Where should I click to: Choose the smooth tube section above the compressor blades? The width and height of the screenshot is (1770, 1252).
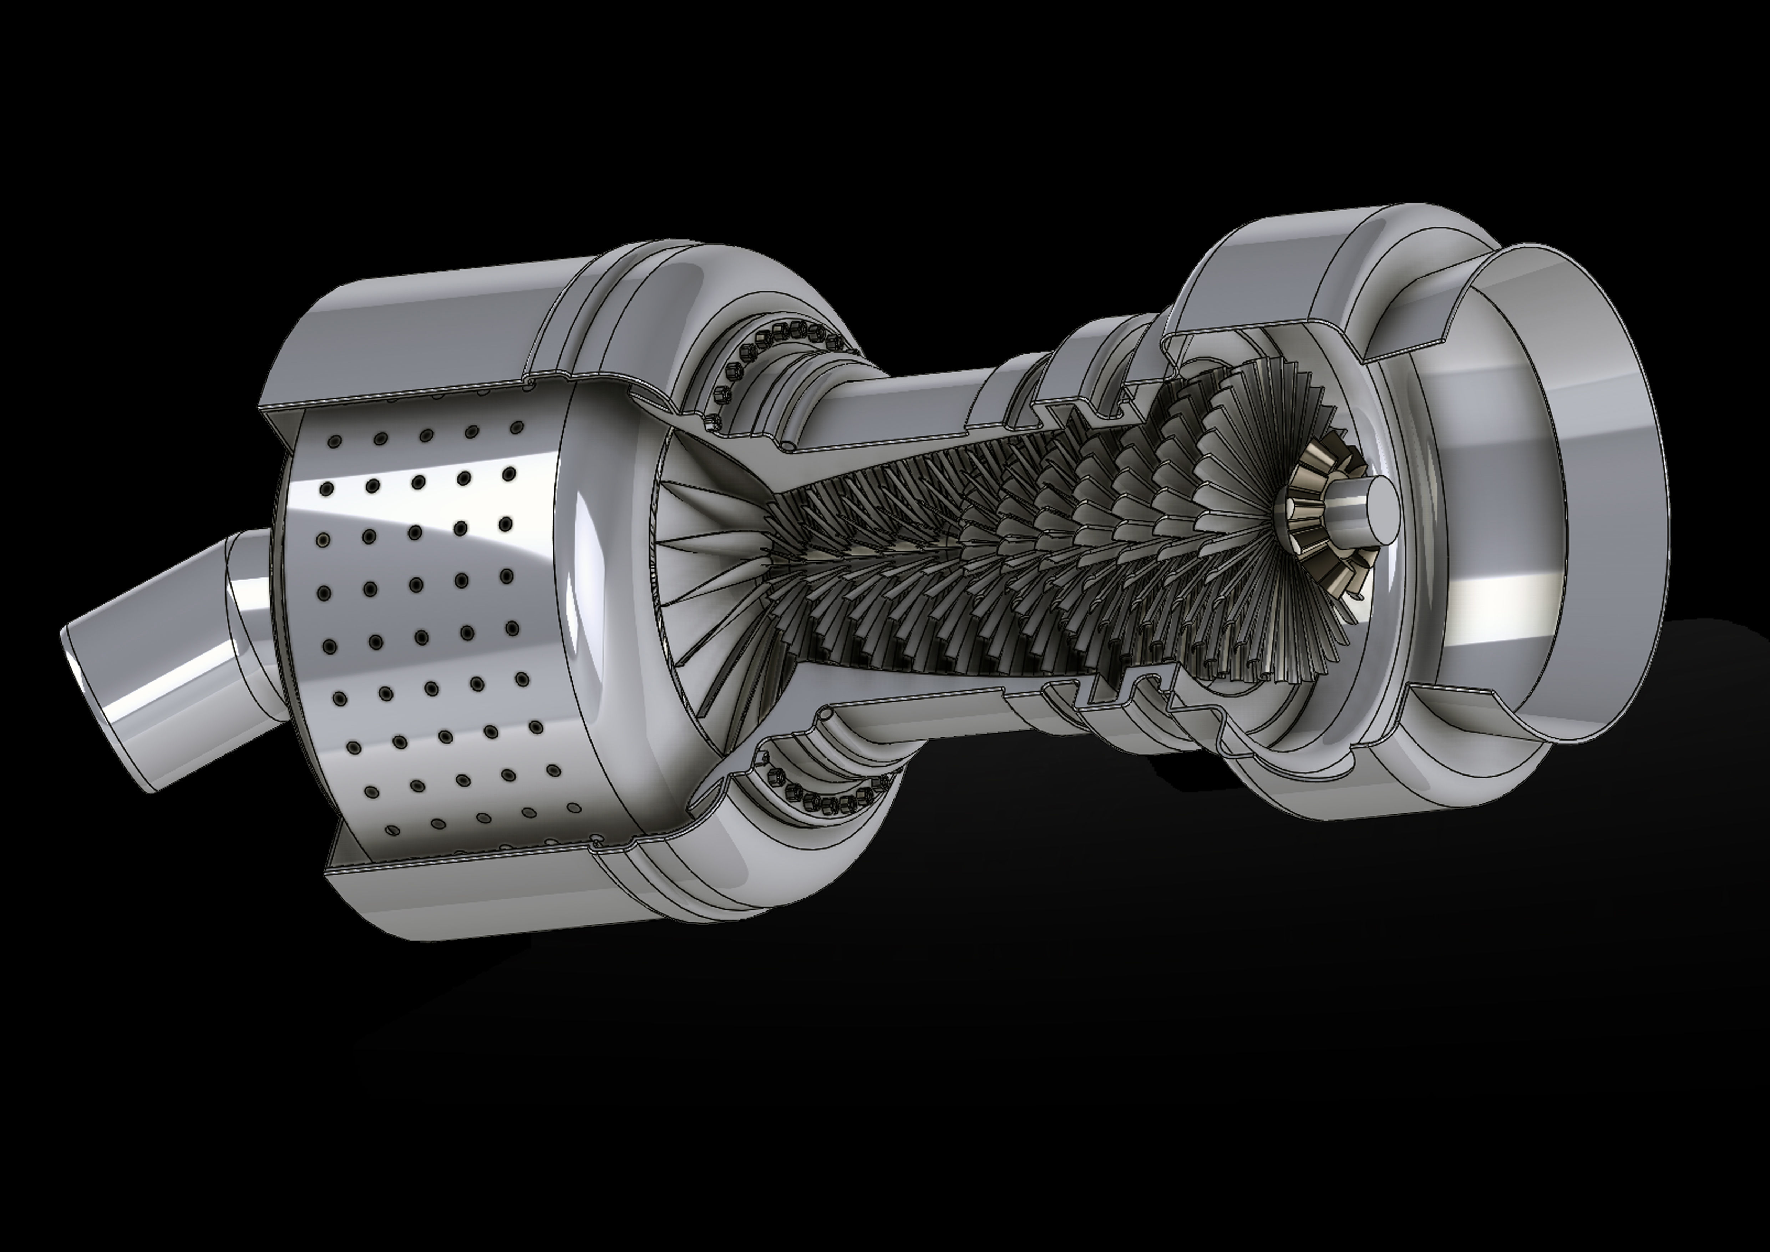click(925, 401)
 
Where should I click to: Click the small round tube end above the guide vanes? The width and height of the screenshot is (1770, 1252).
click(788, 445)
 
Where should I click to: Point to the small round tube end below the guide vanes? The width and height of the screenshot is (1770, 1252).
click(825, 715)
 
